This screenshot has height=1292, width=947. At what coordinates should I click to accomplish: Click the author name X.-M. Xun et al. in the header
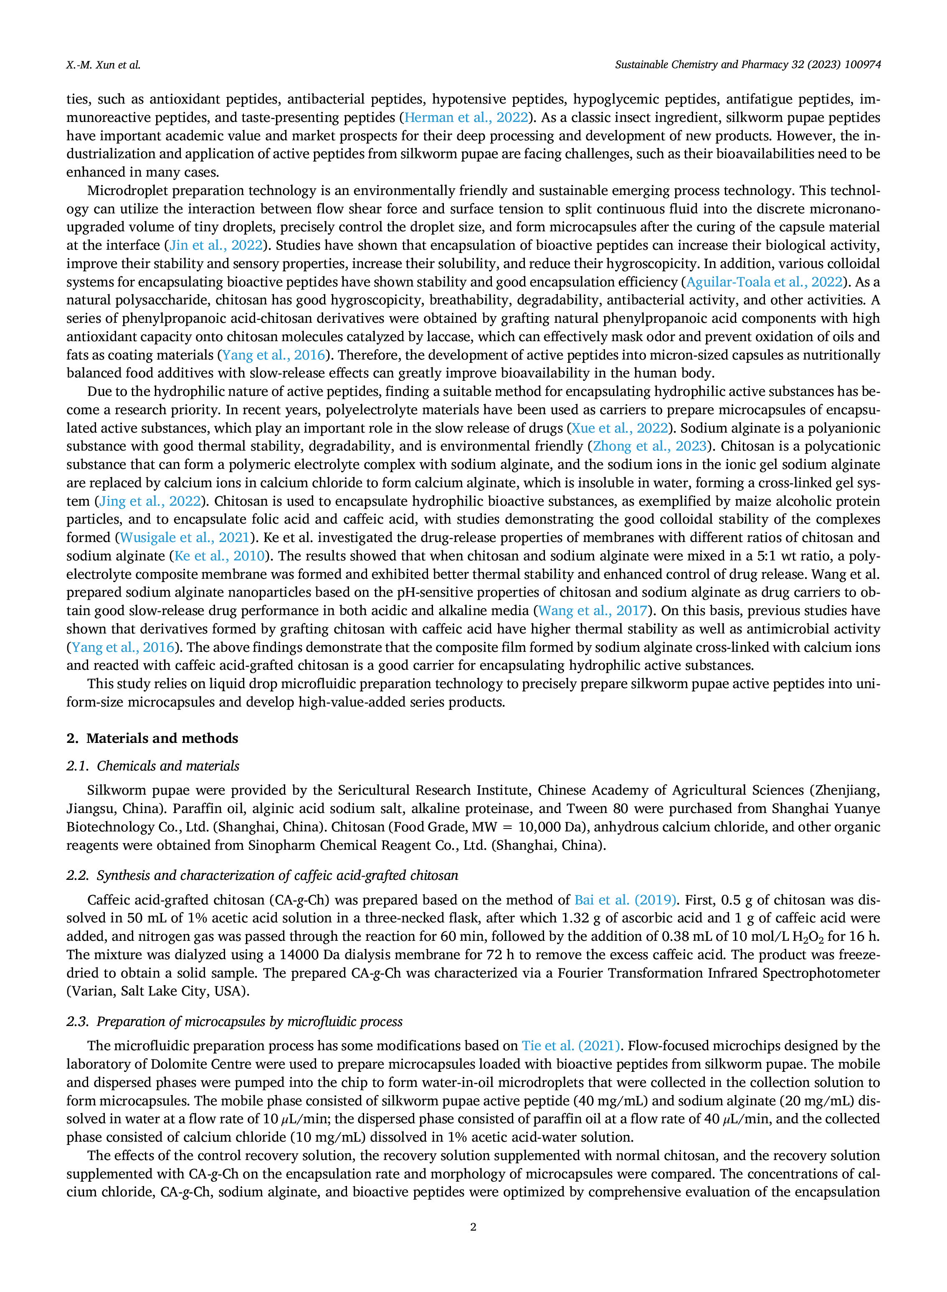point(103,65)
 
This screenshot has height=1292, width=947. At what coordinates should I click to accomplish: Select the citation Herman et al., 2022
point(466,117)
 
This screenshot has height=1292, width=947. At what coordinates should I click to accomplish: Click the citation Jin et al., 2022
point(215,246)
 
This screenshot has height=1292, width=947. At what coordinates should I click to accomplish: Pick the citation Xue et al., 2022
point(620,428)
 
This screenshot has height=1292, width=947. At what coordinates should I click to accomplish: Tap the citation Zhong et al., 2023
point(649,446)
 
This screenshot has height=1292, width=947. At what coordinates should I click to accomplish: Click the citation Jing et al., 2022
point(150,502)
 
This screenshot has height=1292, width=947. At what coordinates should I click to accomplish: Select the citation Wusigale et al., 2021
point(185,538)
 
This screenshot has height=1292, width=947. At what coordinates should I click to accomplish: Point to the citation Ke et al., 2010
point(220,556)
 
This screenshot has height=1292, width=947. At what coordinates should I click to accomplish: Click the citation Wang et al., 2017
point(593,611)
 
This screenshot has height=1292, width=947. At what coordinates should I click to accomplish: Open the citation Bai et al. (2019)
point(625,900)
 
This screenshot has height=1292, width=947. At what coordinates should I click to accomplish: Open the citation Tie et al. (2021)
point(571,1046)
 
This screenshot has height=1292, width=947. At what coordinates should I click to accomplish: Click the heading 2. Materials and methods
point(152,738)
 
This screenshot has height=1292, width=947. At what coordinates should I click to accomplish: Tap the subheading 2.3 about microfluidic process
point(235,1021)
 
